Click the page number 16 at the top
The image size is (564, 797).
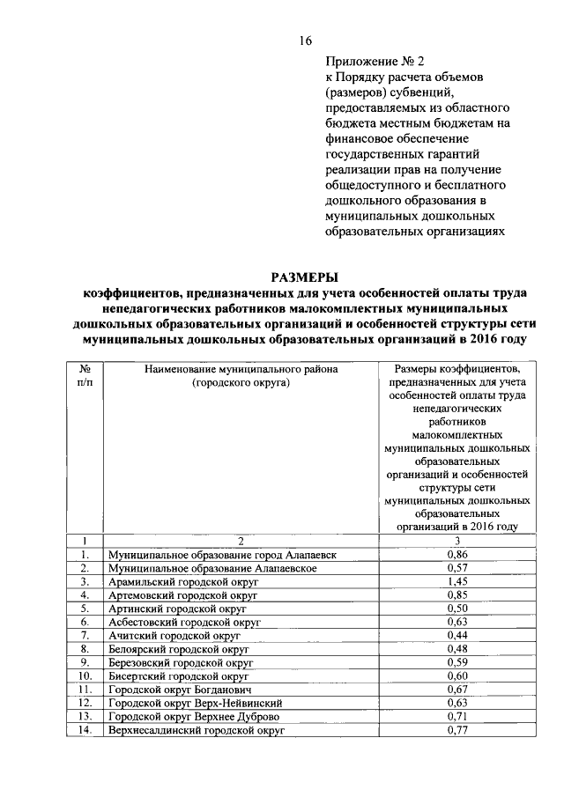tap(306, 41)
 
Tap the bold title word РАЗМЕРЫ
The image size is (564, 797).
tap(305, 277)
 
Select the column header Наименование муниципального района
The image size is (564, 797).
tap(241, 371)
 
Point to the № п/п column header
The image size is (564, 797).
tap(85, 378)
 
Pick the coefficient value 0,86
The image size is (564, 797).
tap(456, 555)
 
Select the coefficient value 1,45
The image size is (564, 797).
tap(456, 581)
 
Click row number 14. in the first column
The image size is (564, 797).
tap(85, 730)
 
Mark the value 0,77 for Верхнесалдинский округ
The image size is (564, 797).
tap(456, 730)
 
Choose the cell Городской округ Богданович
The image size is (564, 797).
tap(179, 690)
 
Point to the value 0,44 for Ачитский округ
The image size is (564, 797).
tap(456, 635)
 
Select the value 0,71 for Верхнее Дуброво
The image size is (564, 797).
tap(456, 717)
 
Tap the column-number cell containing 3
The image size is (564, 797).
tap(456, 541)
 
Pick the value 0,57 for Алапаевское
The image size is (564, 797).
tap(456, 568)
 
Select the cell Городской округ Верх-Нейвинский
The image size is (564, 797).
tap(195, 704)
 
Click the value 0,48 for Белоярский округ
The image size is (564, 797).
tap(456, 649)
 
